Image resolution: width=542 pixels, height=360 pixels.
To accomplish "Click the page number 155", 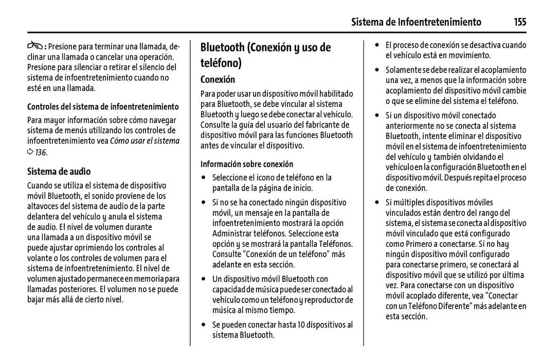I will tap(519, 22).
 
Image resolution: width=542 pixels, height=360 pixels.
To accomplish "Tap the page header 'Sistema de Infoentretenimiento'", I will tap(416, 22).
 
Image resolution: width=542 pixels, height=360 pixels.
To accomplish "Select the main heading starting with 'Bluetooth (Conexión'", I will tap(265, 55).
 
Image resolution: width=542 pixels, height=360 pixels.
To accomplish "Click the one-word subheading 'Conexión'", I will tap(218, 80).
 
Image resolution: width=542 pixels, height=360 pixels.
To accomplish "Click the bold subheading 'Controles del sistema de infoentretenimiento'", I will tap(103, 107).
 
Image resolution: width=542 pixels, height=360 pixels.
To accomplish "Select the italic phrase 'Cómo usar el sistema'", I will tap(145, 141).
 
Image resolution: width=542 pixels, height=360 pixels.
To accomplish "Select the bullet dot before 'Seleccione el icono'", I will tap(204, 178).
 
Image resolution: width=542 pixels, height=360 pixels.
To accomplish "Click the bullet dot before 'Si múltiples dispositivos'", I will tap(377, 202).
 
